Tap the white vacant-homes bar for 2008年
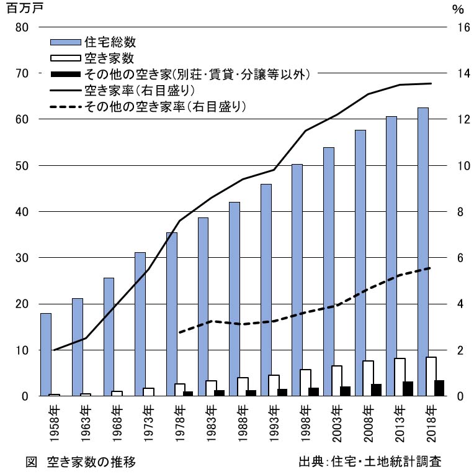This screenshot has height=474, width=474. pyautogui.click(x=368, y=378)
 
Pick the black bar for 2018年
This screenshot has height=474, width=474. pyautogui.click(x=439, y=388)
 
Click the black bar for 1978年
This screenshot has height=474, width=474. pyautogui.click(x=187, y=394)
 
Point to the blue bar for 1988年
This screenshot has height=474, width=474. pyautogui.click(x=235, y=299)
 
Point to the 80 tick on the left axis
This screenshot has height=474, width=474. pyautogui.click(x=22, y=27)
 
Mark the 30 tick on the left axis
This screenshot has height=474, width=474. pyautogui.click(x=22, y=258)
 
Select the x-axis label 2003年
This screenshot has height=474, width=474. pyautogui.click(x=337, y=423)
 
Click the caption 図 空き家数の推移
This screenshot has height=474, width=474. pyautogui.click(x=81, y=462)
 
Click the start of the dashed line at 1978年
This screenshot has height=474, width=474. pyautogui.click(x=179, y=333)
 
